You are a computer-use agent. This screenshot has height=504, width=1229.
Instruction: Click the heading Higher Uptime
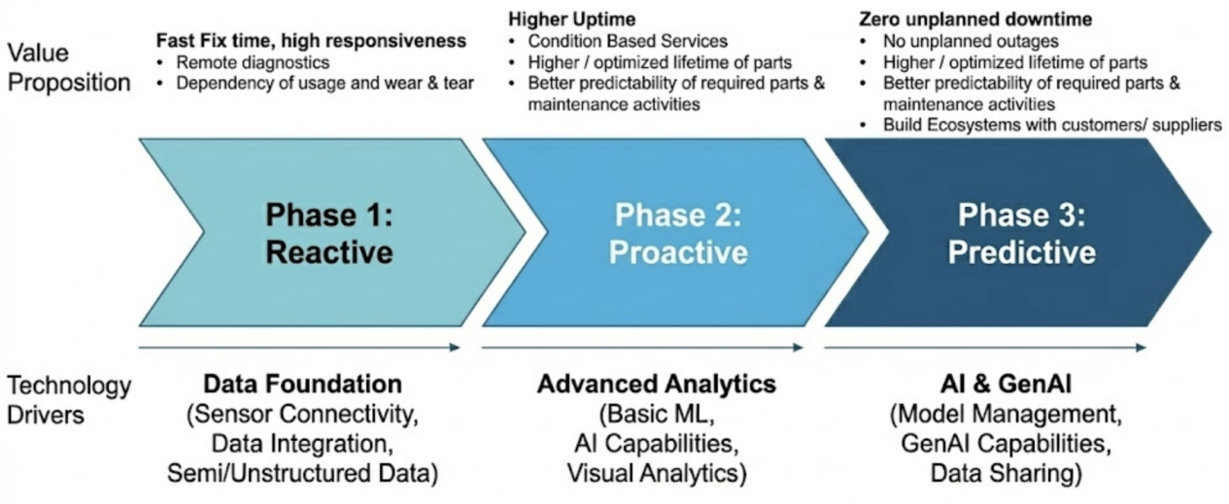point(571,19)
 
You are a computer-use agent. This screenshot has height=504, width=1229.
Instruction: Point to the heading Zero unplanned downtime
point(975,19)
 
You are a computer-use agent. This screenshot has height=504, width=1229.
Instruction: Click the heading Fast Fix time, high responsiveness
point(311,41)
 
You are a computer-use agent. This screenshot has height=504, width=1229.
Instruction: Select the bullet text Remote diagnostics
point(253,62)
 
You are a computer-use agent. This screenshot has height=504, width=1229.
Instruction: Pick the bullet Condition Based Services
point(628,41)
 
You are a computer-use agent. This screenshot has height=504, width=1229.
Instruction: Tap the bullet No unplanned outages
point(971,41)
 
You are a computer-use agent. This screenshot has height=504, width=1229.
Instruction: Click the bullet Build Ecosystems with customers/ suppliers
point(1052,125)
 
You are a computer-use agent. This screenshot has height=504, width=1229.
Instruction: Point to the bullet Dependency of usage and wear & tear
point(324,83)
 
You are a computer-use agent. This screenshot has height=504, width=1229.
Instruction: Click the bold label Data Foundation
point(303,384)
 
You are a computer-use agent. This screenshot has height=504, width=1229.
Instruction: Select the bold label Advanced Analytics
point(657,384)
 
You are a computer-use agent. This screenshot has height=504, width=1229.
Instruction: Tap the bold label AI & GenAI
point(1006,384)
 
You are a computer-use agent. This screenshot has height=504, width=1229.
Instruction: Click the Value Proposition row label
point(69,68)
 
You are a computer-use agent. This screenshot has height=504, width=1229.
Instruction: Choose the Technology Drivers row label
point(69,400)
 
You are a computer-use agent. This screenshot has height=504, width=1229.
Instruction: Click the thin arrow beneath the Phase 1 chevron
point(299,347)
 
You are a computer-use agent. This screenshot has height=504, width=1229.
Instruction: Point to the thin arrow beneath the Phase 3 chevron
point(985,347)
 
